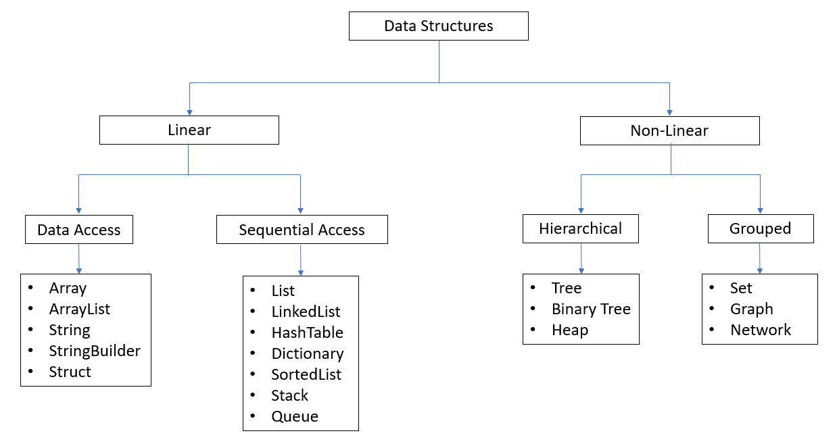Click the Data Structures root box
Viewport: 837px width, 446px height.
tap(438, 26)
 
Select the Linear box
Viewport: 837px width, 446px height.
tap(189, 130)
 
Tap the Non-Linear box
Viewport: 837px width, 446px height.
tap(669, 130)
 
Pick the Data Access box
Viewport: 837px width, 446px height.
tap(78, 230)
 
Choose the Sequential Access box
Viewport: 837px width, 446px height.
tap(302, 230)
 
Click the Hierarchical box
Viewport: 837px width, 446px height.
tap(580, 228)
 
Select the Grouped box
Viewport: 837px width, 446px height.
tap(760, 228)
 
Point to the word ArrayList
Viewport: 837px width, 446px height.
tap(79, 309)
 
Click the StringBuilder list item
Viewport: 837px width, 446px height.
tap(95, 351)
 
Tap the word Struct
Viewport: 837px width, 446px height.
tap(70, 372)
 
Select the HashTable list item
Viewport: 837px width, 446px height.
tap(307, 332)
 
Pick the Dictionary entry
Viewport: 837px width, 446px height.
tap(307, 353)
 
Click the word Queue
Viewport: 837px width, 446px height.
tap(295, 416)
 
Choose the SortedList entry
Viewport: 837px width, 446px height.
tap(306, 374)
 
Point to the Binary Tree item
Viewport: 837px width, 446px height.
tap(591, 309)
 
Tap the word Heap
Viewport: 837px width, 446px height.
tap(569, 330)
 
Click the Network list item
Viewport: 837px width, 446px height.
tap(761, 330)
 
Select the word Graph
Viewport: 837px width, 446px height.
tap(751, 309)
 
